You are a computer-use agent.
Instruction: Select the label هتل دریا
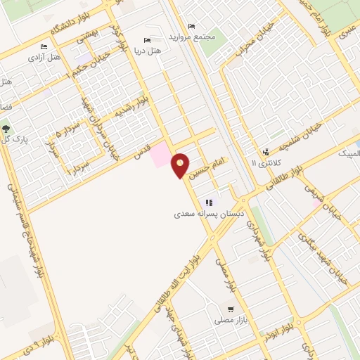pos(147,51)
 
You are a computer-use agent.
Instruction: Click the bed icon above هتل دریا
pos(147,40)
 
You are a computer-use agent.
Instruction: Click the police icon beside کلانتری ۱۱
pos(266,152)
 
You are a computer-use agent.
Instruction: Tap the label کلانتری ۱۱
pos(266,163)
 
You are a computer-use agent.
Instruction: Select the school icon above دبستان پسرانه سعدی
pos(209,202)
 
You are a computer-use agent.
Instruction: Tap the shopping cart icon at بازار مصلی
pos(231,309)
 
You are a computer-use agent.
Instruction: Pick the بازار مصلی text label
pos(229,320)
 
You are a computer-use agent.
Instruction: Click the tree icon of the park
pos(6,129)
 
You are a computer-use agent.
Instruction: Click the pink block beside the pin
pos(162,154)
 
